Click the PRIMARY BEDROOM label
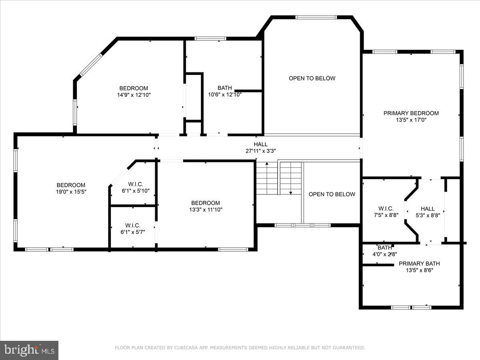[411, 113]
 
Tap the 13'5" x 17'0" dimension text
[411, 120]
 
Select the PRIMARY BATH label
[419, 264]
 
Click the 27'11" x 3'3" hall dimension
[260, 151]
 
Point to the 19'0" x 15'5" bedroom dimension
[71, 192]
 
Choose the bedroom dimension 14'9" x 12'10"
[134, 95]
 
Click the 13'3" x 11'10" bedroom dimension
[205, 210]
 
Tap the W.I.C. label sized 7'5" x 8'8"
[386, 209]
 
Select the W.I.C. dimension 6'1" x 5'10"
[136, 191]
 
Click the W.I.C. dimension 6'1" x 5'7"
[132, 232]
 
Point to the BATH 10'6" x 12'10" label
[224, 88]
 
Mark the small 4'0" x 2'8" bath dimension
[384, 254]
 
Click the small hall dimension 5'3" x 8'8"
[427, 215]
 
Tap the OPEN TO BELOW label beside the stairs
[332, 194]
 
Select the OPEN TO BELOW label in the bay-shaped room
[312, 78]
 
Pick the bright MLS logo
[29, 350]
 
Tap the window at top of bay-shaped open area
[316, 17]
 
